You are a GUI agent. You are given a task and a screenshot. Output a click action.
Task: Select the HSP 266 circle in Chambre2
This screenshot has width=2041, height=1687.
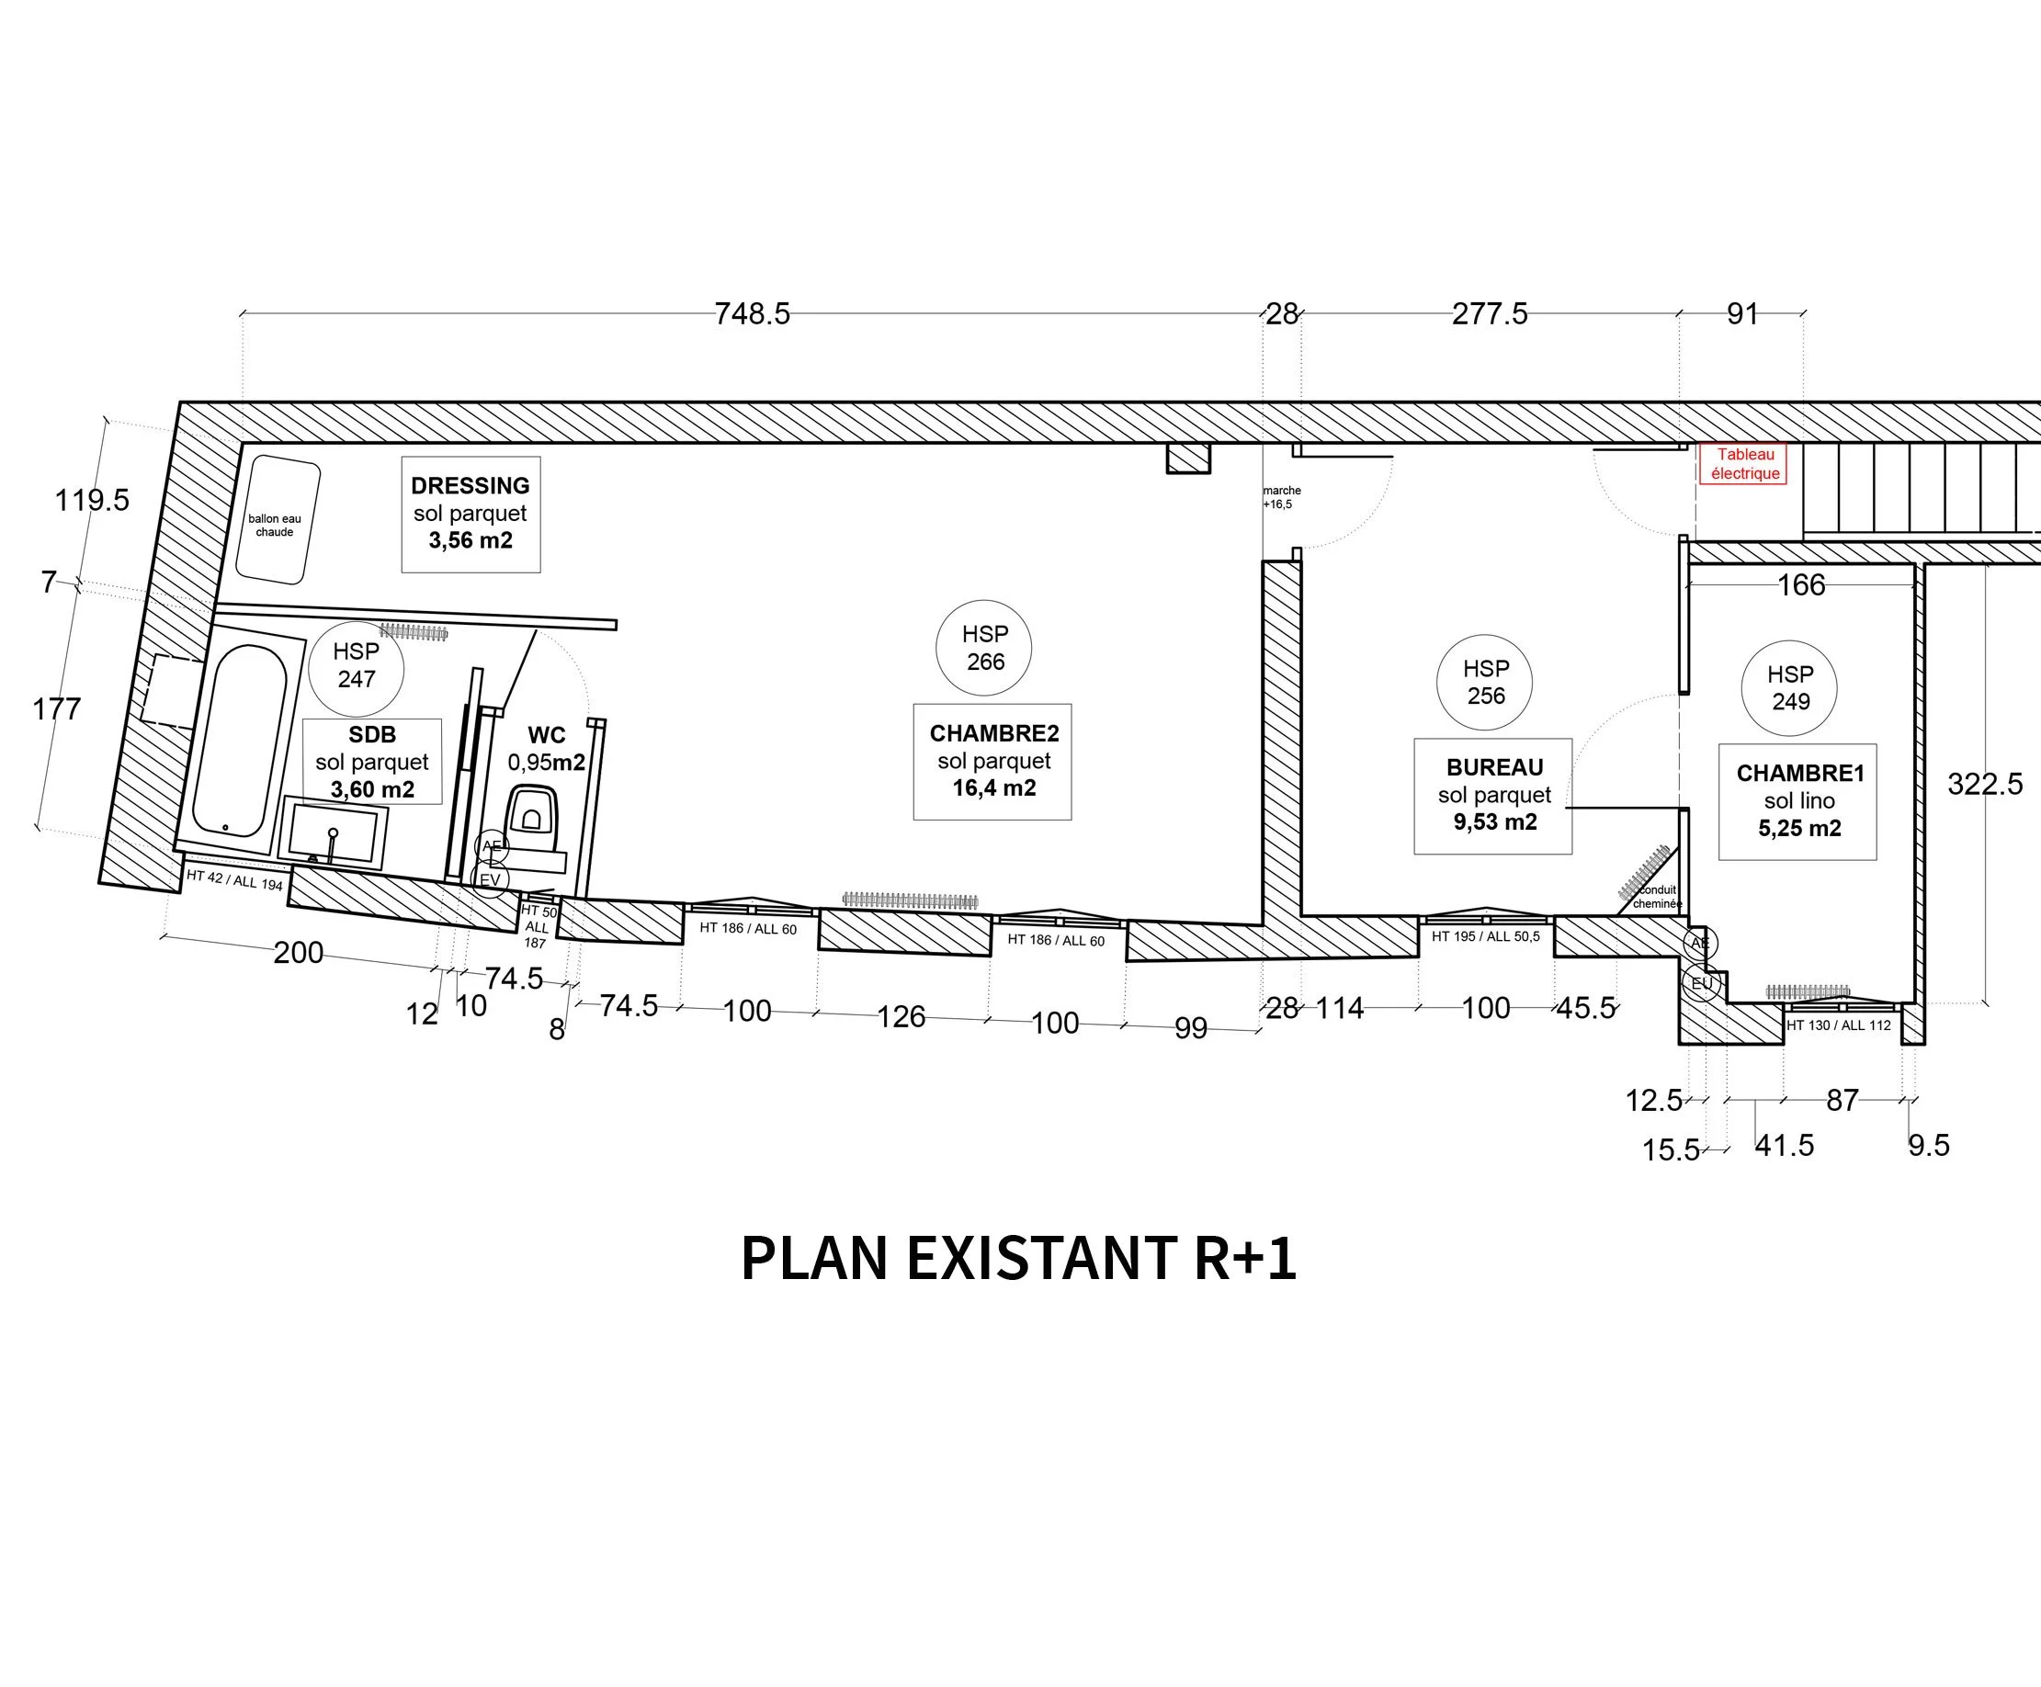tap(983, 647)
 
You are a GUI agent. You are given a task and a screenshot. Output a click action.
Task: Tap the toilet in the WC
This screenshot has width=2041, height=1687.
tap(533, 809)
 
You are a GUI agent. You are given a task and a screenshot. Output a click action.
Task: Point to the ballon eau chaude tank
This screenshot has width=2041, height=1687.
tap(277, 520)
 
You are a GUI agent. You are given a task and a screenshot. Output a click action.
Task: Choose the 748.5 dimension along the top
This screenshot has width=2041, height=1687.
tap(752, 314)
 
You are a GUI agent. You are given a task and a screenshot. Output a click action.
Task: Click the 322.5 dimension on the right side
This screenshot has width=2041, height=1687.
tap(1985, 783)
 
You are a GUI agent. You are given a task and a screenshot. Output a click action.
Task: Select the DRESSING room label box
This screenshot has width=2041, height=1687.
tap(471, 513)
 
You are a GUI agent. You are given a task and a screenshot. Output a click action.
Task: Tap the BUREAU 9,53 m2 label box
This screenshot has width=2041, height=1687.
tap(1493, 795)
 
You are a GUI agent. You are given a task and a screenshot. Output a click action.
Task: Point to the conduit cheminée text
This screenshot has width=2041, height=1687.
tap(1657, 896)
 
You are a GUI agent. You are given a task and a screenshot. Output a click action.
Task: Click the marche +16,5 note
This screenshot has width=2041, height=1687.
tap(1281, 497)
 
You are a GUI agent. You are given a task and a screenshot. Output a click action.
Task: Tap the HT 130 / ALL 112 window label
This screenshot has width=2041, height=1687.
tap(1839, 1025)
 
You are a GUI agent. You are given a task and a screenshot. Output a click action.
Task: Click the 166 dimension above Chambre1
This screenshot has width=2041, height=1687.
tap(1800, 585)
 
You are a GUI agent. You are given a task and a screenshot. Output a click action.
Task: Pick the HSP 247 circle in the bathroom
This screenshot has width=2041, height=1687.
tap(356, 665)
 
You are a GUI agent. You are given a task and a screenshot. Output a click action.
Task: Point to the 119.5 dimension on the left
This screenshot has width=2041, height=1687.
tap(91, 501)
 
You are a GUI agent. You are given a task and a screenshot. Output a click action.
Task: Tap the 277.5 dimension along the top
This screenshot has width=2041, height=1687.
tap(1489, 314)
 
